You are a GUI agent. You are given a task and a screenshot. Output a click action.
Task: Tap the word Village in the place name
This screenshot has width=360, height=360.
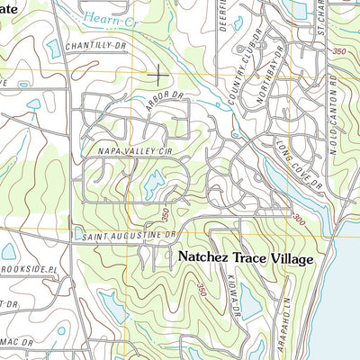286,258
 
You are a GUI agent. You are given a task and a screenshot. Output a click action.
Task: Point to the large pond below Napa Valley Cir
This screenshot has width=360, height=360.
150,185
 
